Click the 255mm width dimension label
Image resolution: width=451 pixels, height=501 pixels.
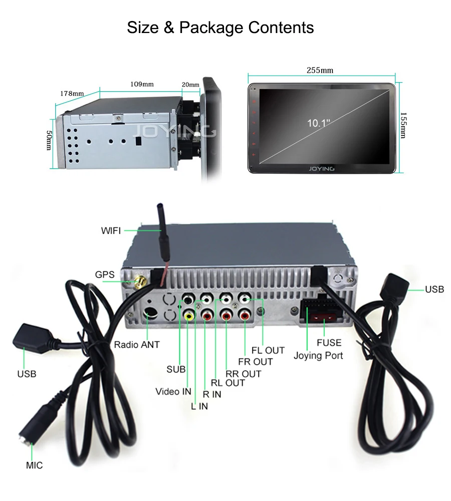[320, 71]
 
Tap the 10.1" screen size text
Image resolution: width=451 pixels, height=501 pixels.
[319, 123]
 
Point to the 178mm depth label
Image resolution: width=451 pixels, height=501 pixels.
[72, 94]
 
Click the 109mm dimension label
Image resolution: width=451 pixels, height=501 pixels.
[142, 84]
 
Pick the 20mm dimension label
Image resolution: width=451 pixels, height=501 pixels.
[190, 85]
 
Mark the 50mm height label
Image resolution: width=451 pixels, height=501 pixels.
[49, 141]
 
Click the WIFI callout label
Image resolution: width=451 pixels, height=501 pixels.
[111, 231]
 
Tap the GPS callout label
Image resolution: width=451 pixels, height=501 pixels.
[105, 274]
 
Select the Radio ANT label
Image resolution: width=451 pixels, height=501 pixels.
[137, 344]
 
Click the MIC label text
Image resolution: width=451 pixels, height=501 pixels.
[35, 465]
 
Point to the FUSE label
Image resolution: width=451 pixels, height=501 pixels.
[329, 343]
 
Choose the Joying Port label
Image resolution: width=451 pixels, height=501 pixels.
[318, 355]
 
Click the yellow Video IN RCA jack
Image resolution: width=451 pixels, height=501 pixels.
[189, 315]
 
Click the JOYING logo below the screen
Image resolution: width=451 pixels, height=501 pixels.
[322, 169]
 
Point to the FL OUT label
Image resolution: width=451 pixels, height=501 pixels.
[268, 350]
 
